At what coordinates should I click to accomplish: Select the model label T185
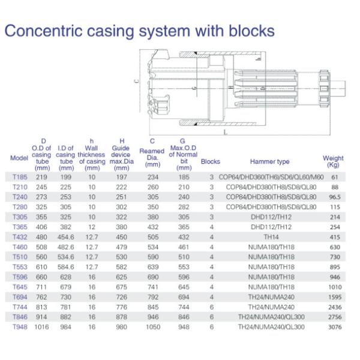(20, 177)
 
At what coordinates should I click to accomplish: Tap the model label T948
(20, 327)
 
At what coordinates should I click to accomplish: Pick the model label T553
(20, 266)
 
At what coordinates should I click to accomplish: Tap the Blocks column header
(211, 161)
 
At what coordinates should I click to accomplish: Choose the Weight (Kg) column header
(334, 161)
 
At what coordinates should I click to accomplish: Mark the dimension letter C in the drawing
(136, 82)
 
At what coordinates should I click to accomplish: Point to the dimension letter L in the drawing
(224, 130)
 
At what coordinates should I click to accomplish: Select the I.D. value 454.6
(65, 237)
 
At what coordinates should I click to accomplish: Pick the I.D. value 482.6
(65, 247)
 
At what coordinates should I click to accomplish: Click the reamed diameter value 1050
(152, 327)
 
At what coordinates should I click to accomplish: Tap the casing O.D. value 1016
(41, 327)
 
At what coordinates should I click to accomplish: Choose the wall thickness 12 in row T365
(91, 227)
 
